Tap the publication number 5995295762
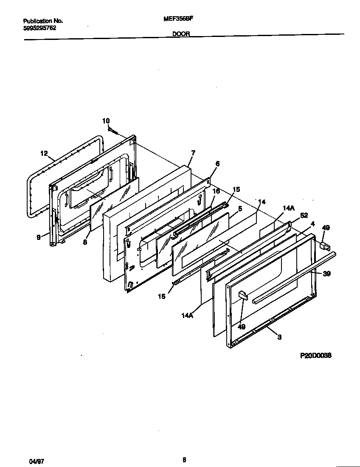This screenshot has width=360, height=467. tap(39, 28)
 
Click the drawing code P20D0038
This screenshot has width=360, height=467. tap(316, 356)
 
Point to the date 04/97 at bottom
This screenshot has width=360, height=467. tap(37, 460)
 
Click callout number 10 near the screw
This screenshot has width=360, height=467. tap(106, 121)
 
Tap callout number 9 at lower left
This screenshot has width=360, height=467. tap(39, 238)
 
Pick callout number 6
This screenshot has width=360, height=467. tap(217, 163)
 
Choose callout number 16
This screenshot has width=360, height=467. tap(216, 191)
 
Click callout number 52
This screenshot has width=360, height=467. tap(304, 215)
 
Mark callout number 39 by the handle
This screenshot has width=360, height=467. tap(326, 274)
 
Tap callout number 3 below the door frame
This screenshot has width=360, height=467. tap(279, 337)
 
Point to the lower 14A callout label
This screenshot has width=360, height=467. tap(187, 315)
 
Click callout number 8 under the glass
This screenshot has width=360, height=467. tap(85, 242)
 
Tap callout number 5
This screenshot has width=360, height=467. tap(240, 209)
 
